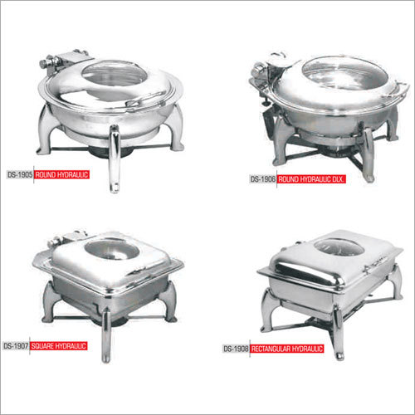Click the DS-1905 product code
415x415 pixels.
click(x=20, y=175)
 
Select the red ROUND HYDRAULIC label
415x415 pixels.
click(x=61, y=175)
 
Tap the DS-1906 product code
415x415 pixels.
click(x=263, y=179)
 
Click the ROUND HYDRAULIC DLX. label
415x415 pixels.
click(x=311, y=179)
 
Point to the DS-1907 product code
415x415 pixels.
click(x=16, y=346)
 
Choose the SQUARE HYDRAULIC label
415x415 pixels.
click(x=59, y=346)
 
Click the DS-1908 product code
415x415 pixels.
click(x=236, y=349)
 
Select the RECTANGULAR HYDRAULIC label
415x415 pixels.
click(x=287, y=349)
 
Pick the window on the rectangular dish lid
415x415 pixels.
click(x=339, y=247)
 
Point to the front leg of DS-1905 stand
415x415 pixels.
click(x=115, y=159)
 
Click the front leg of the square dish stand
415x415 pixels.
click(x=106, y=335)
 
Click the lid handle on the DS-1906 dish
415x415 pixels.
click(x=398, y=89)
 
